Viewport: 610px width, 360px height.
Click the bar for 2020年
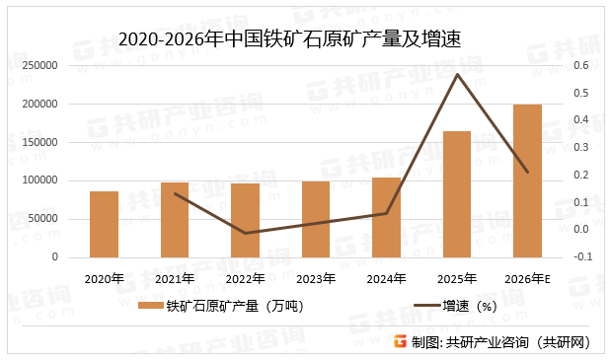tap(104, 224)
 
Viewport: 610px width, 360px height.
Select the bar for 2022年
tap(245, 220)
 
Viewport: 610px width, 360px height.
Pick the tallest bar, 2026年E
tap(527, 180)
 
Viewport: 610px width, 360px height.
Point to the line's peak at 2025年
tap(457, 74)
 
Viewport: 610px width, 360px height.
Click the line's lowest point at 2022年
tap(245, 233)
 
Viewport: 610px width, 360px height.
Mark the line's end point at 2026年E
tap(527, 173)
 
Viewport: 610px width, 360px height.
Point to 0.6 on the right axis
tap(581, 65)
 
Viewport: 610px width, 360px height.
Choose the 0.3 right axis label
tap(581, 148)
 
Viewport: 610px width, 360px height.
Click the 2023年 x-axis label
tap(316, 278)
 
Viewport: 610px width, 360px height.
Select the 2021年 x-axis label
tap(175, 278)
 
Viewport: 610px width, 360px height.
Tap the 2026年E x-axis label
tap(527, 278)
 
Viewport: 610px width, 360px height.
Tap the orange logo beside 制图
tap(400, 341)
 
